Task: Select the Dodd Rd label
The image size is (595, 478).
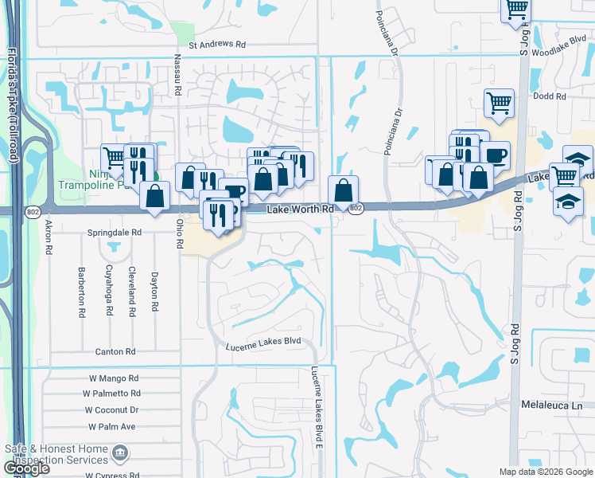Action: (x=550, y=96)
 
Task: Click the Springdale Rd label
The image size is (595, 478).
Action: (x=115, y=233)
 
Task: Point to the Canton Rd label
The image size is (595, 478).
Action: (x=115, y=351)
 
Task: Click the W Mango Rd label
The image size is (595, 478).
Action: (x=113, y=378)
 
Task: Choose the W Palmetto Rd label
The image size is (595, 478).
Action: (x=111, y=394)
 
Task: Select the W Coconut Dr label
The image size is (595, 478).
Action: (x=112, y=409)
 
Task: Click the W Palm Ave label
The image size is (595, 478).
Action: (x=111, y=426)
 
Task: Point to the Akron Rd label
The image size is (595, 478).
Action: (x=49, y=237)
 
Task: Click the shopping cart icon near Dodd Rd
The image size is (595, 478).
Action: (x=499, y=103)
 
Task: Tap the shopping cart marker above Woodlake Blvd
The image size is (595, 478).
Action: (x=517, y=9)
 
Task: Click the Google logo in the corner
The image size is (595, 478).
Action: (x=26, y=468)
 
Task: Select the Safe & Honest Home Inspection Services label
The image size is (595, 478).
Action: (x=56, y=454)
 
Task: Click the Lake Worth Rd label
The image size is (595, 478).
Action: (x=299, y=208)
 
